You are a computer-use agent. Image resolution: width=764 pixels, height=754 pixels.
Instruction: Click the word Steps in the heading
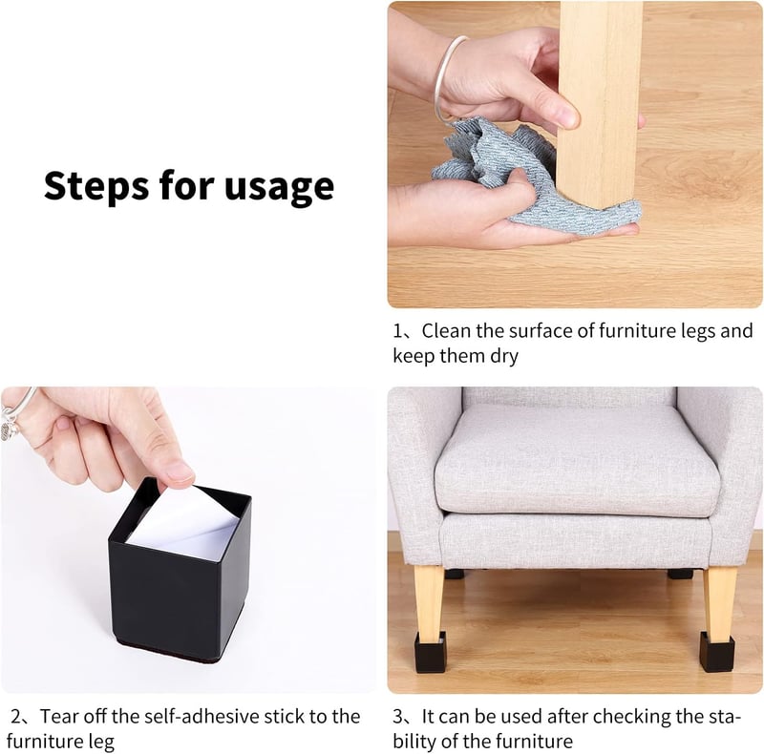coord(96,185)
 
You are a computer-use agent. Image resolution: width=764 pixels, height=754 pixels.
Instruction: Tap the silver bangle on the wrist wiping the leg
coord(446,78)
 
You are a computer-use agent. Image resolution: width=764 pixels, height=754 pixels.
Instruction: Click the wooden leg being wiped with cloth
coord(599,102)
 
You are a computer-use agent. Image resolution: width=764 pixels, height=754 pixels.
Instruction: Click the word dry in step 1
coord(504,357)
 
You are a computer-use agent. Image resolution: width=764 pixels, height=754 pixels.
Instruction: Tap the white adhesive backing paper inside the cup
coord(186,524)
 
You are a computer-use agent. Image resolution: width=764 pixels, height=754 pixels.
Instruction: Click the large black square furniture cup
coord(180,570)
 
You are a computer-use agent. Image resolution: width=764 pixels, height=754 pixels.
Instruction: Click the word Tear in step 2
coord(58,717)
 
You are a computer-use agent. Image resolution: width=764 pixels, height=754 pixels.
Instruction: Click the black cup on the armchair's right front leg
coord(717,652)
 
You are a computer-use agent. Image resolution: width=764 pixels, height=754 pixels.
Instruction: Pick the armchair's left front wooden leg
coord(429,600)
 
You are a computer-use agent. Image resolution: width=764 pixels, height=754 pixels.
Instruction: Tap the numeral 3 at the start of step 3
coord(397,717)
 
